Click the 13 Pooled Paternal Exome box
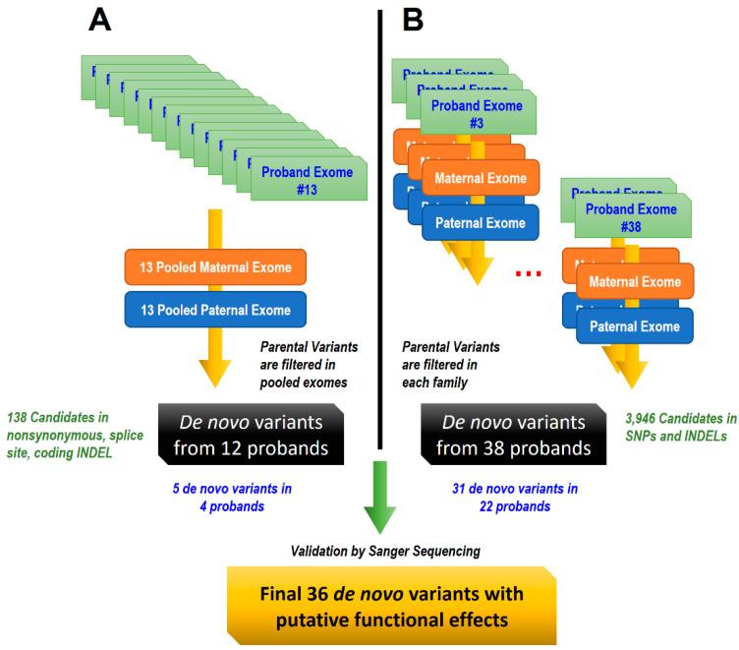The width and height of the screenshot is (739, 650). click(215, 310)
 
